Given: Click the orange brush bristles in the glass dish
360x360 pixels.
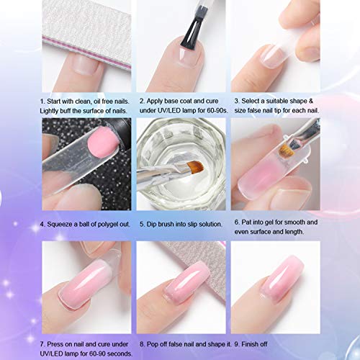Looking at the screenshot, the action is coord(195,166).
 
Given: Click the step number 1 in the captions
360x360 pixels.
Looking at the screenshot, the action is coord(42,102).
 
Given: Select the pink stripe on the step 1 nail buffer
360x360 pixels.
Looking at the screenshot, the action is coord(86,53).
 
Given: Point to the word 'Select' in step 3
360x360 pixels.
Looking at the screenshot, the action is coord(251,101).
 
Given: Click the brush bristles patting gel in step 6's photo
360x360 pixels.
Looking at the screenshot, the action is coord(287,150).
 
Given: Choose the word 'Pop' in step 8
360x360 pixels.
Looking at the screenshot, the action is coord(152,344).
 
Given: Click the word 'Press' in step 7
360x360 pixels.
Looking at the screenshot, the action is coord(55,344).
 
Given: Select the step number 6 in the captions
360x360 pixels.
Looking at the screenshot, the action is coord(236,222).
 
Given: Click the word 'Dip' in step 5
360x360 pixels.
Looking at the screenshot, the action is coord(151,225).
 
